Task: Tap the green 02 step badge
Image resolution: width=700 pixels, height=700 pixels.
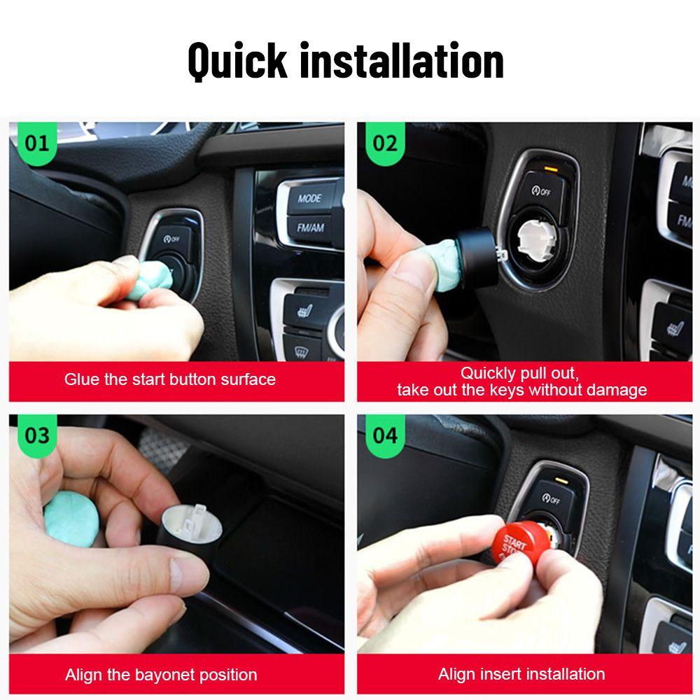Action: (x=384, y=143)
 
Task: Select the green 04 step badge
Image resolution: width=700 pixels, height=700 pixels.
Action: (x=384, y=435)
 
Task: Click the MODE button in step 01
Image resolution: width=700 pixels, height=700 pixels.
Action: (x=309, y=198)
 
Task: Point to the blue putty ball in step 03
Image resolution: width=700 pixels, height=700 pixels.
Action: (x=71, y=518)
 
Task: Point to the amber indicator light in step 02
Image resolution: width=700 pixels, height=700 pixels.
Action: (x=551, y=169)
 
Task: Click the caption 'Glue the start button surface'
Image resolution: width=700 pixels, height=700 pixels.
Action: (x=170, y=379)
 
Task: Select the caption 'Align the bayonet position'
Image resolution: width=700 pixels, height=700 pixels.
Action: (x=161, y=675)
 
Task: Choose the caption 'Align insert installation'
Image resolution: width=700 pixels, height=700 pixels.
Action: (x=521, y=674)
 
